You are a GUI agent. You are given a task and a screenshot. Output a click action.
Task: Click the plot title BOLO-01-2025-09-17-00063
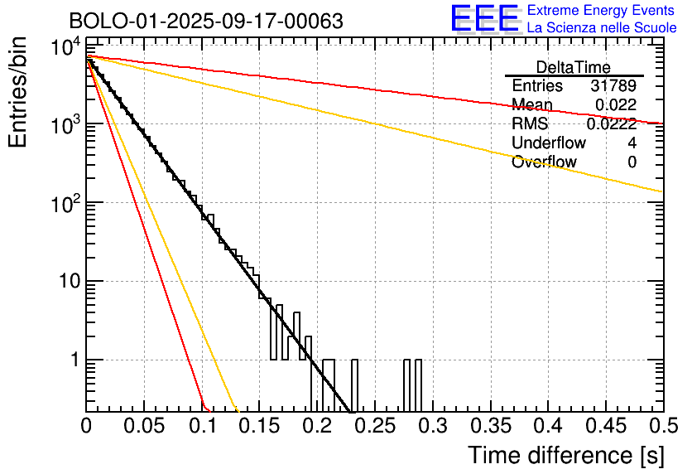click(x=206, y=21)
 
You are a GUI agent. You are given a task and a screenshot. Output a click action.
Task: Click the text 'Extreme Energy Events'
click(x=602, y=11)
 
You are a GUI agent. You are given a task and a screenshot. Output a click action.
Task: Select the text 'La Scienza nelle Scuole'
click(x=602, y=28)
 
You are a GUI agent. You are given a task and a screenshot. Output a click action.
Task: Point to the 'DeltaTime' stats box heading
click(x=574, y=67)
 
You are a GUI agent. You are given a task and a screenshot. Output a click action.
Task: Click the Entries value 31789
click(x=613, y=85)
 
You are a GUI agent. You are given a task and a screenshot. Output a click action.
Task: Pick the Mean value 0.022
click(x=616, y=104)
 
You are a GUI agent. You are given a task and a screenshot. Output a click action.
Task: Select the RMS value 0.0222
click(x=612, y=123)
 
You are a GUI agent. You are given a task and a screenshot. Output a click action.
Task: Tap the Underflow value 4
click(x=632, y=143)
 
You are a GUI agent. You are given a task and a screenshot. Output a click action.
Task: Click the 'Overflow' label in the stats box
click(x=544, y=162)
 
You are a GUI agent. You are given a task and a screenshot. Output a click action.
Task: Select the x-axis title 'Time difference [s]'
click(x=565, y=455)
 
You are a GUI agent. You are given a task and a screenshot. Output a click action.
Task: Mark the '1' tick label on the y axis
click(x=72, y=360)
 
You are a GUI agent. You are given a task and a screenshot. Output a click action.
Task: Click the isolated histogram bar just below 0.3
click(x=418, y=385)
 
